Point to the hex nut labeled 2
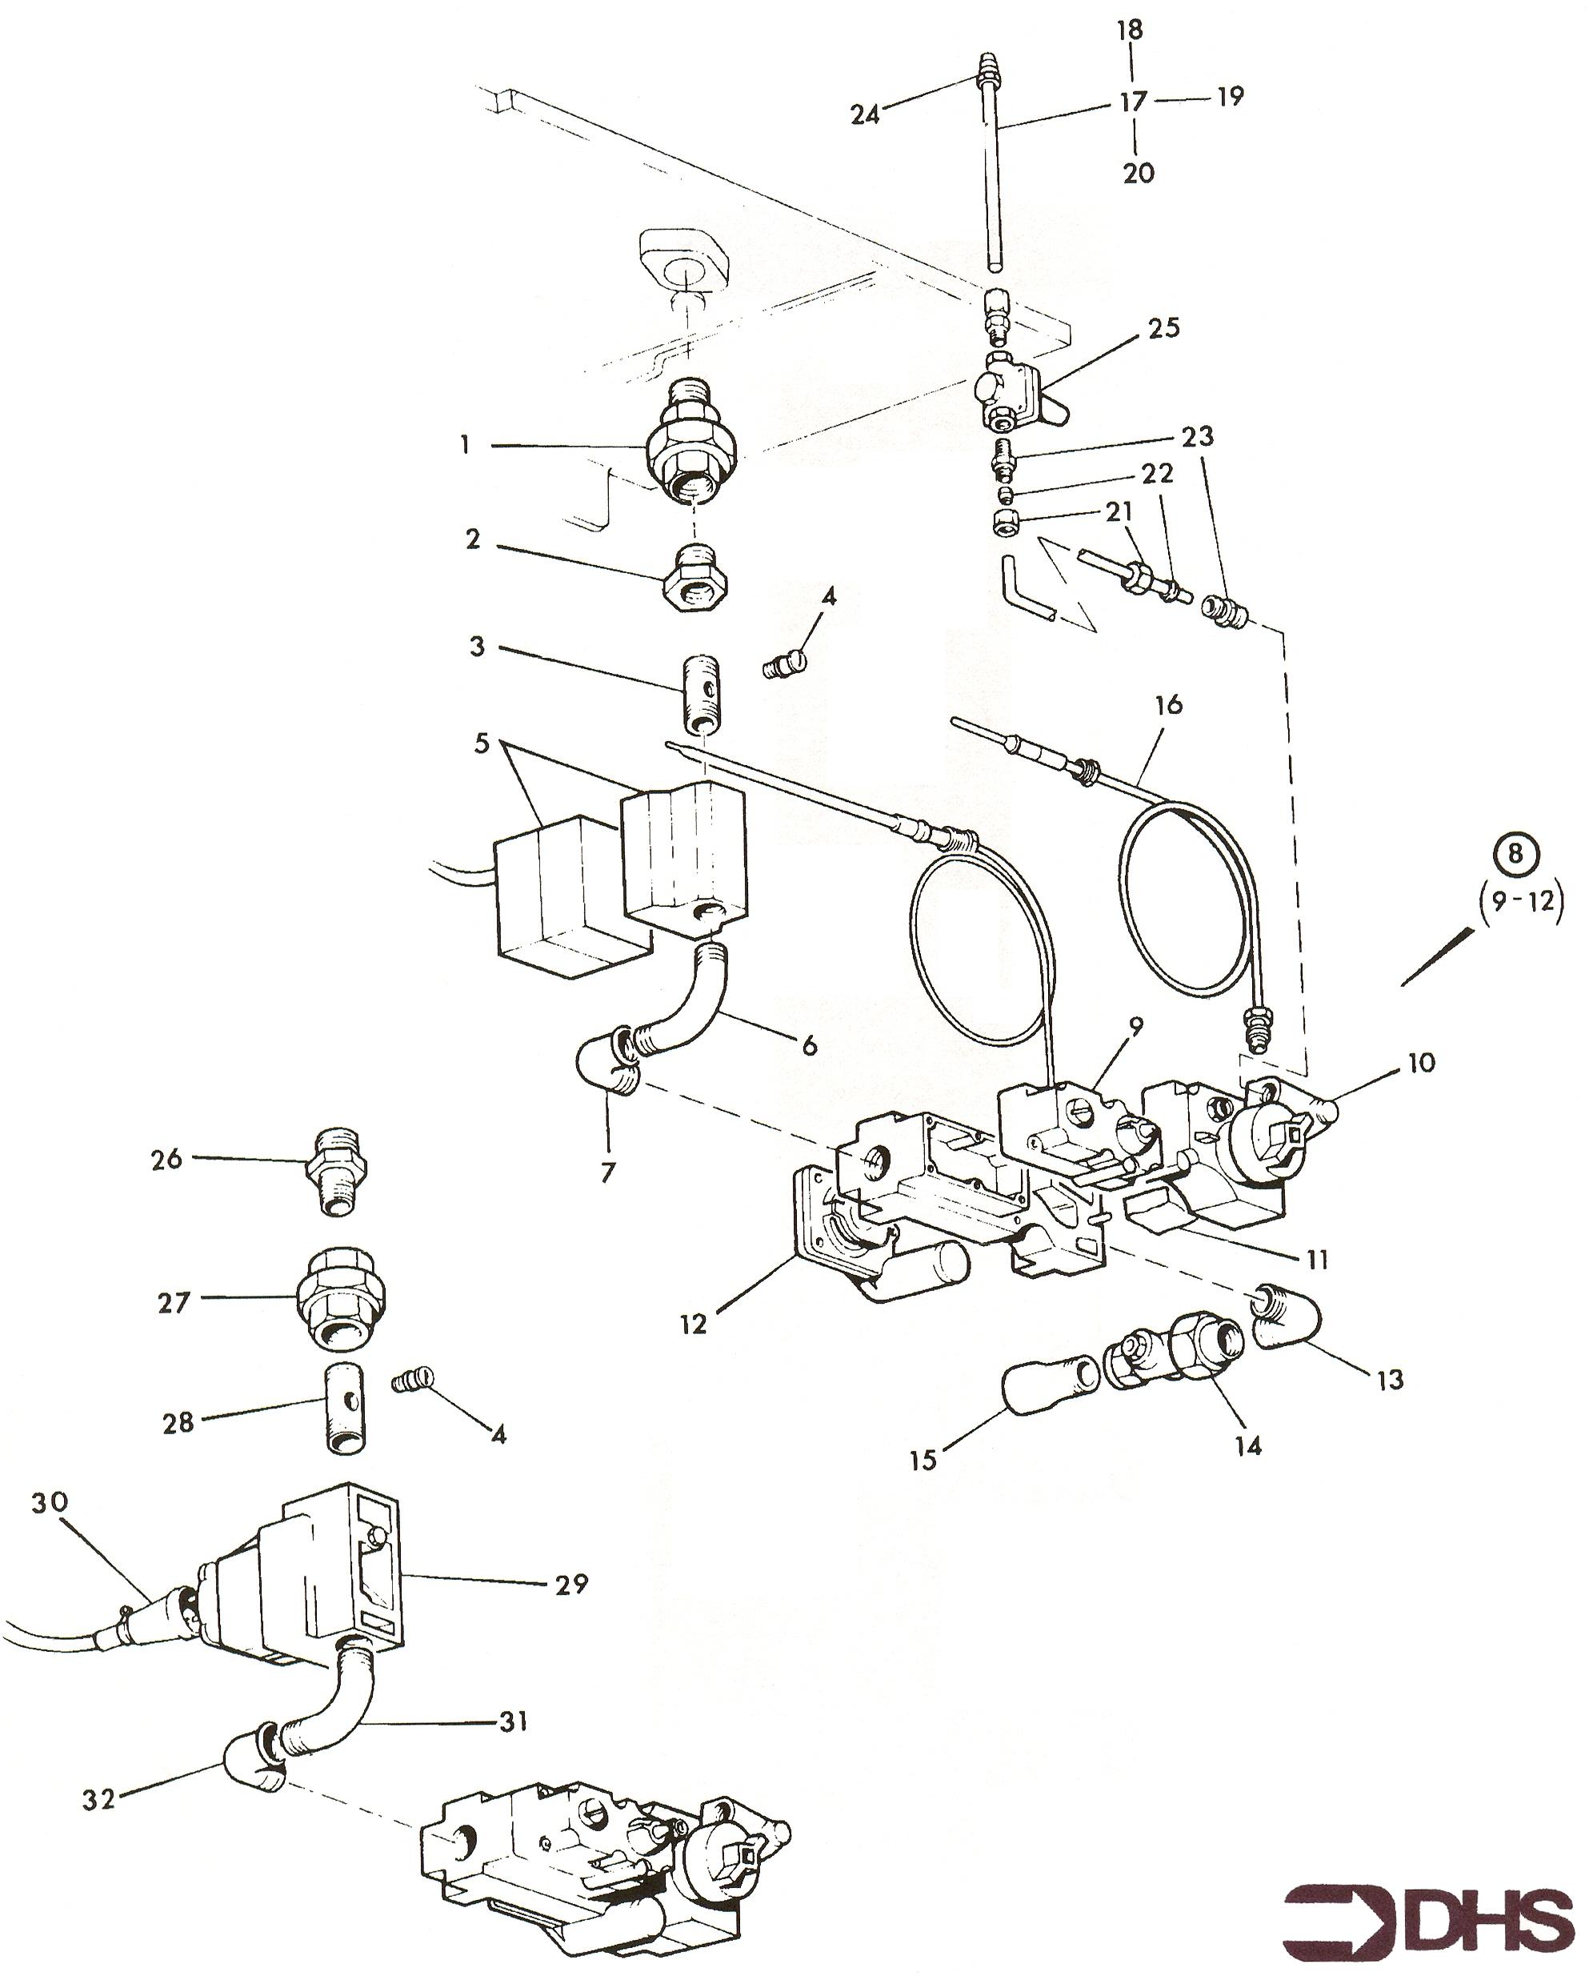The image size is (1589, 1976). (694, 579)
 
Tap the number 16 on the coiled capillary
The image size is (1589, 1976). (1168, 705)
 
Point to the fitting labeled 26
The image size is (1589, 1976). (338, 1175)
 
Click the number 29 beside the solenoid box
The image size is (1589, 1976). (572, 1583)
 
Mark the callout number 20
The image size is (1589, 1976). (1139, 172)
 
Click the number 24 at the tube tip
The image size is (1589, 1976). (865, 114)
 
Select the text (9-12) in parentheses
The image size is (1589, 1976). (1522, 901)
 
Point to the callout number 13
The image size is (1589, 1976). (1390, 1379)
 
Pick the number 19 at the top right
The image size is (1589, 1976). (1230, 95)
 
